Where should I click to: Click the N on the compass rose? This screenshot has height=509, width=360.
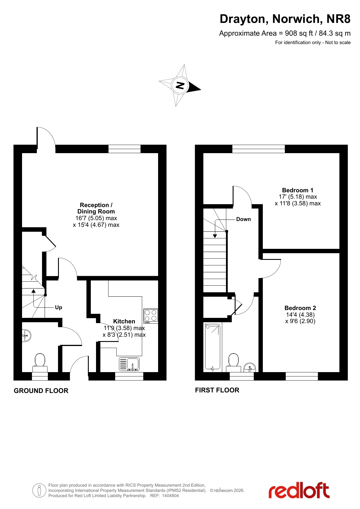[180, 86]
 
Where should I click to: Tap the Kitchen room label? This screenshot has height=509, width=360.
[124, 321]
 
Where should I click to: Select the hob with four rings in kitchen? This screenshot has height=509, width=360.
[151, 316]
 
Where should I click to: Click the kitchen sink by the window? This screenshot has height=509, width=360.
[129, 364]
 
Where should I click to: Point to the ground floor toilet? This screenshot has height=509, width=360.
[40, 363]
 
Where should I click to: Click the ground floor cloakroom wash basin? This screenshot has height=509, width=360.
[26, 336]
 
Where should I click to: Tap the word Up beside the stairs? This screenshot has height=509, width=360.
[59, 307]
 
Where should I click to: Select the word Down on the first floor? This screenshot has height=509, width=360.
[243, 219]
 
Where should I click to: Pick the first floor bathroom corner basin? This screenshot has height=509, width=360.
[250, 367]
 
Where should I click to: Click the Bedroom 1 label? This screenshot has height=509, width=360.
[298, 190]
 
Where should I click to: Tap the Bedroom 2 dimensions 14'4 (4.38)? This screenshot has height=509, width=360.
[300, 315]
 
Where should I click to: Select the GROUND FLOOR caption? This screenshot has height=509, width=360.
[41, 391]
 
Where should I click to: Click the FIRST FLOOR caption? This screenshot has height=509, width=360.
[217, 390]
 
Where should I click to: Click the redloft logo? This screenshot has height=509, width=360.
[299, 490]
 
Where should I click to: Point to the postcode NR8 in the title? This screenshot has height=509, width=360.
[339, 19]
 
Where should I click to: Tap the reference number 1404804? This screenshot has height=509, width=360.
[170, 496]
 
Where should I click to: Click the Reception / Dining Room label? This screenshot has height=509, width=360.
[96, 208]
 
